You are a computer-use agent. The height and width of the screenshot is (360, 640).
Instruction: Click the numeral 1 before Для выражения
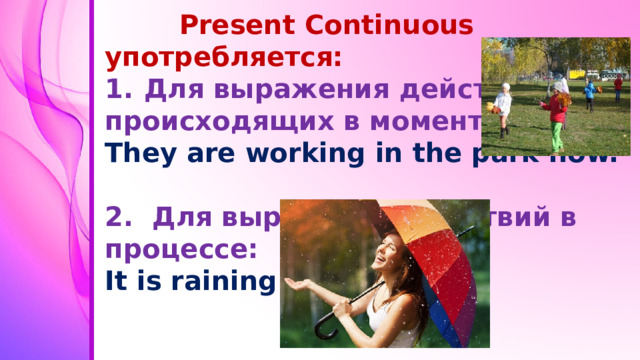tap(116, 90)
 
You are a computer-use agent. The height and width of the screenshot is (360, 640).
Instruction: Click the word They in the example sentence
tap(141, 154)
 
